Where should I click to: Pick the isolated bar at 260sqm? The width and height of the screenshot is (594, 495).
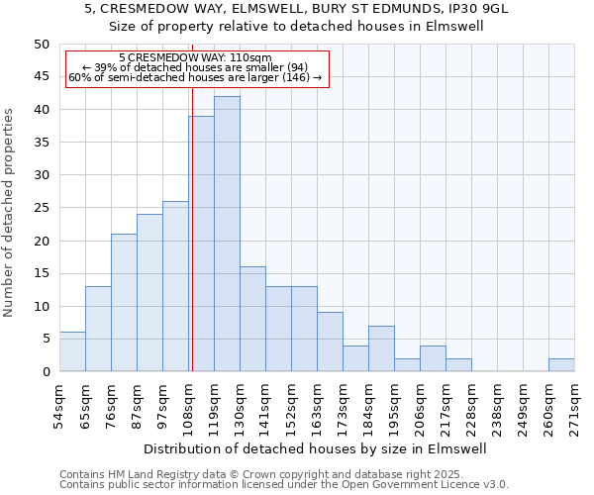pyautogui.click(x=561, y=364)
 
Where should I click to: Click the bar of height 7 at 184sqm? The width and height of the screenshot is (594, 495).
pyautogui.click(x=381, y=348)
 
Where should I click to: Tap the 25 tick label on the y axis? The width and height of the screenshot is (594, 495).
pyautogui.click(x=42, y=208)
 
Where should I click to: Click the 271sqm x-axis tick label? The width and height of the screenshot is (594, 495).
pyautogui.click(x=575, y=405)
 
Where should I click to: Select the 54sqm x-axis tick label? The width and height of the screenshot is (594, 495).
pyautogui.click(x=60, y=405)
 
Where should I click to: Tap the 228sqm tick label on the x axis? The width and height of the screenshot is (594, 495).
pyautogui.click(x=472, y=407)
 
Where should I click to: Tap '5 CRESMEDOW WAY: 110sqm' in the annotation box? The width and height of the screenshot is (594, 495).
pyautogui.click(x=195, y=58)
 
